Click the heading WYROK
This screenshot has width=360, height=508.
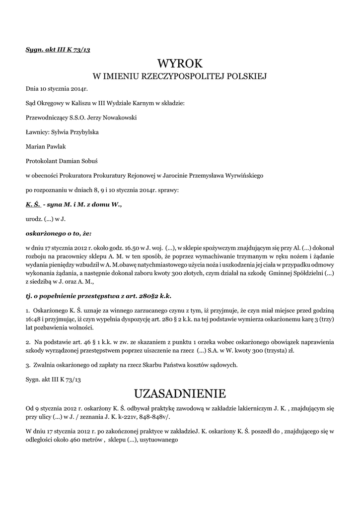(x=180, y=63)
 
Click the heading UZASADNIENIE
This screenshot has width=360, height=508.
(x=180, y=393)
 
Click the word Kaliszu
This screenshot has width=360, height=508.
(x=80, y=103)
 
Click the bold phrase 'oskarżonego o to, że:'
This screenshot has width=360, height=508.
(x=59, y=232)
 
